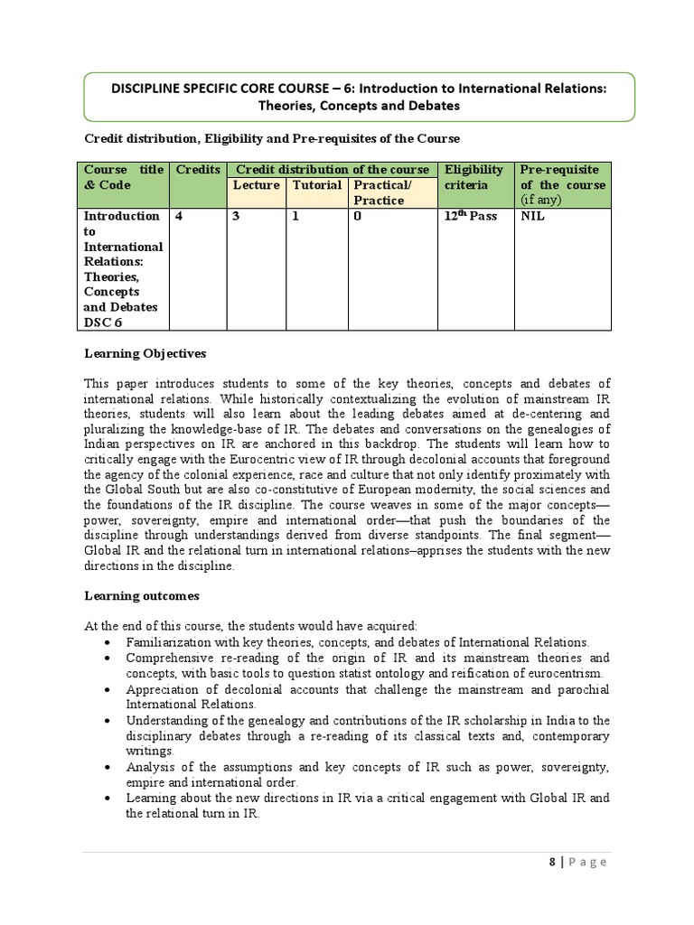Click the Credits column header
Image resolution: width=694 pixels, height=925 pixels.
click(198, 170)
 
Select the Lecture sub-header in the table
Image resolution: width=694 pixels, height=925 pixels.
click(257, 185)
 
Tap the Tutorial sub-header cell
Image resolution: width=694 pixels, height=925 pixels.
click(316, 185)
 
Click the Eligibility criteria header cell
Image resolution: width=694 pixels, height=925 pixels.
click(474, 177)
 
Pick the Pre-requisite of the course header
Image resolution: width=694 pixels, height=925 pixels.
click(560, 184)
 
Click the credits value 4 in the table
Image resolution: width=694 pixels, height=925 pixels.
click(179, 217)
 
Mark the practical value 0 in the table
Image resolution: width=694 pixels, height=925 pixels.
click(358, 217)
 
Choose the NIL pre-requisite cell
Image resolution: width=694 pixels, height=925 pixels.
click(533, 217)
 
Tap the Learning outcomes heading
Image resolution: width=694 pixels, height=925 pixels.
click(142, 596)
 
